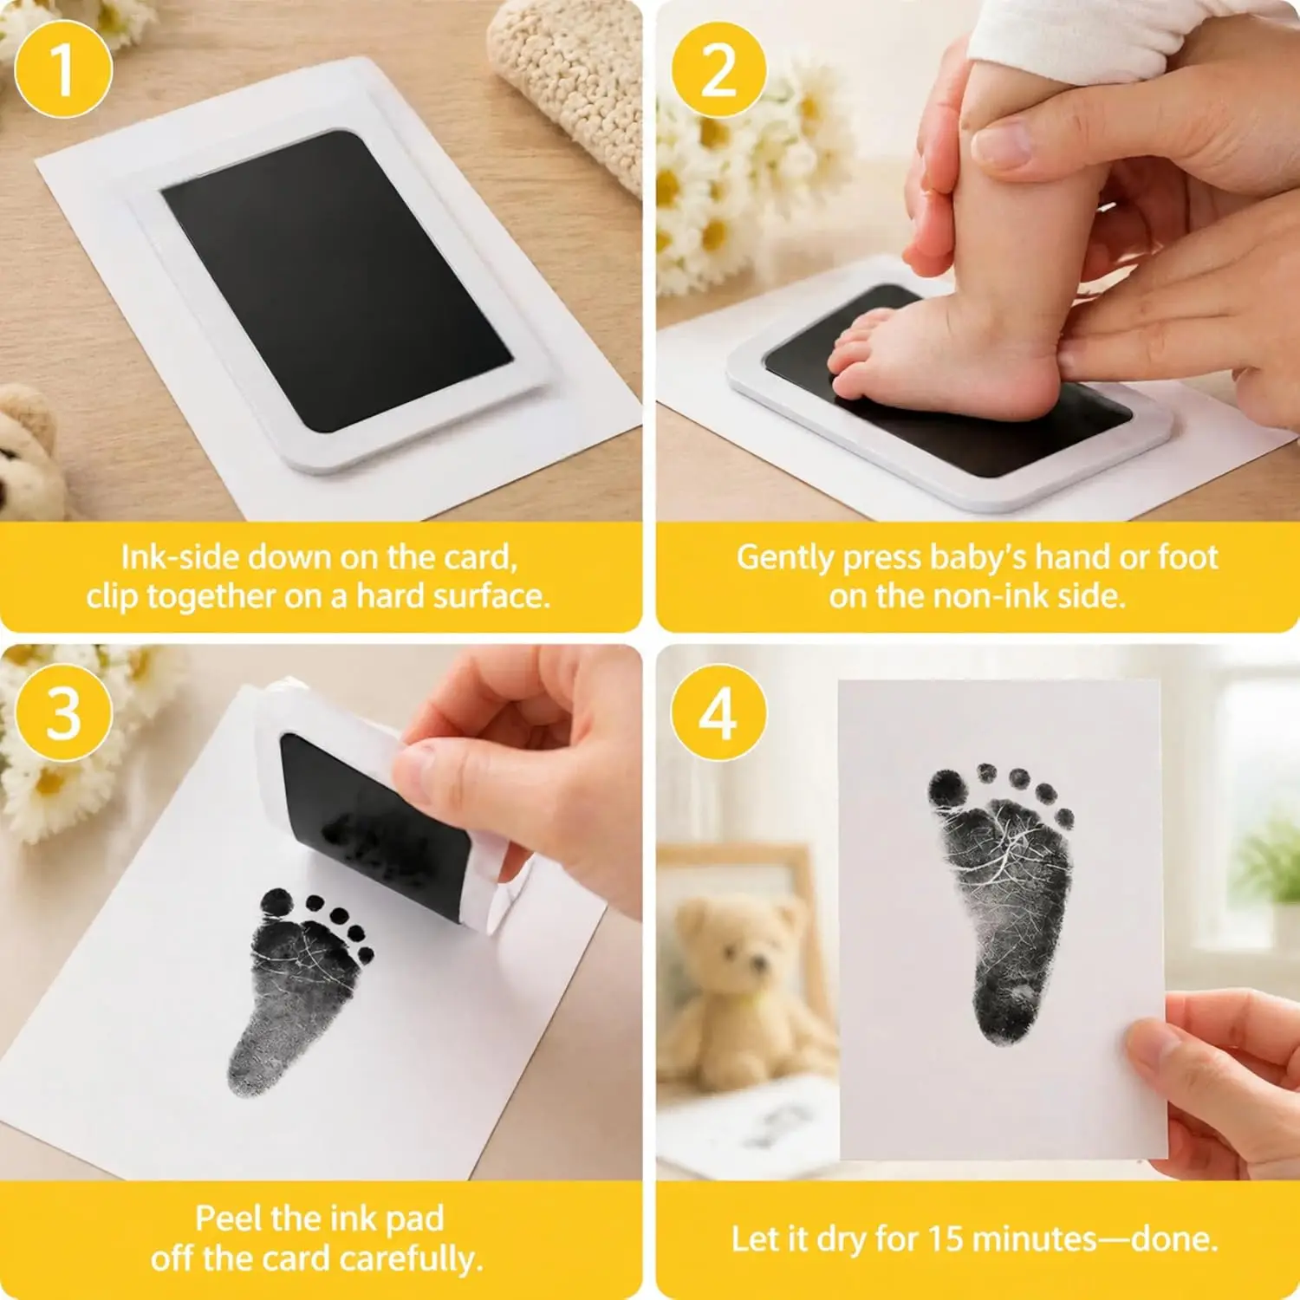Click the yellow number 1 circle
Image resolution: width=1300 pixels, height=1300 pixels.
point(63,69)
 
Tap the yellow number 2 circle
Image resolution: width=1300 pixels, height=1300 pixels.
point(718,69)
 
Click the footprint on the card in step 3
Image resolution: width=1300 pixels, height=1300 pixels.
point(299,988)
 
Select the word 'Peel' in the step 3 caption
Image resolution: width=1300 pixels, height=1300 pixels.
point(227,1219)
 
